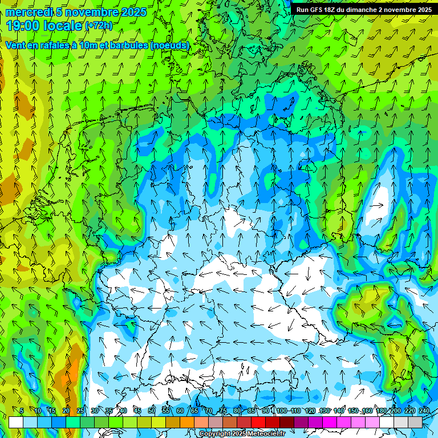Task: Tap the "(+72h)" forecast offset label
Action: click(99, 26)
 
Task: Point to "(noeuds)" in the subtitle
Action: click(169, 45)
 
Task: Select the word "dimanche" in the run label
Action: click(359, 10)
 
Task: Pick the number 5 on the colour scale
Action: click(22, 411)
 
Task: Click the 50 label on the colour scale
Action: click(152, 411)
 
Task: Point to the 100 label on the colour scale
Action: click(282, 411)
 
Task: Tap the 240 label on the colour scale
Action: click(424, 411)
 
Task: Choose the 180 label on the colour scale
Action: click(381, 411)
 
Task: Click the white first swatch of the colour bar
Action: click(16, 422)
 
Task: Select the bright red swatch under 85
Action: click(258, 422)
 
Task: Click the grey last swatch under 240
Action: click(415, 422)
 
